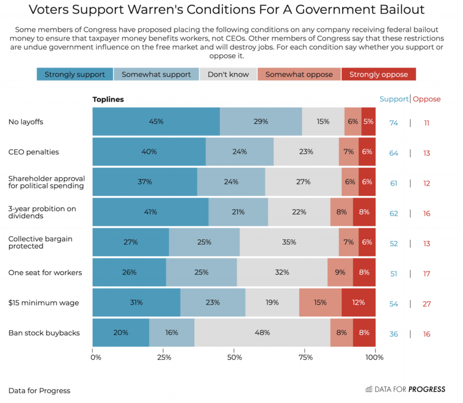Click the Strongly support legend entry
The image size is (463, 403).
tap(75, 74)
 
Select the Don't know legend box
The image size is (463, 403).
tap(228, 74)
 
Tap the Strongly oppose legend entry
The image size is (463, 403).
tap(378, 74)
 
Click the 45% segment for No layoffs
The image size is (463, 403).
tap(156, 121)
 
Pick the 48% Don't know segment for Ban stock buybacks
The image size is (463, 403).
tap(262, 333)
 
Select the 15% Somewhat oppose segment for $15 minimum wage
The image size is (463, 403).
tap(320, 302)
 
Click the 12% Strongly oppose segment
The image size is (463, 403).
tap(358, 302)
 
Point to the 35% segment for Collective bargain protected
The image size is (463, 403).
tap(289, 242)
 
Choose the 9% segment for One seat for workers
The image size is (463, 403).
tap(340, 273)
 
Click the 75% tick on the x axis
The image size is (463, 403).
tap(306, 357)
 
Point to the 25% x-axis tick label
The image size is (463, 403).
tap(164, 357)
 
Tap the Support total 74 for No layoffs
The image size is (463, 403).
tap(394, 123)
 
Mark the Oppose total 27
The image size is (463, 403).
tap(427, 304)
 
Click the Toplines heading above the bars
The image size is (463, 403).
tap(108, 99)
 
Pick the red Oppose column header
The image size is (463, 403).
tap(427, 99)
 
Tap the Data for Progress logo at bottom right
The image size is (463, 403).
tap(405, 389)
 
